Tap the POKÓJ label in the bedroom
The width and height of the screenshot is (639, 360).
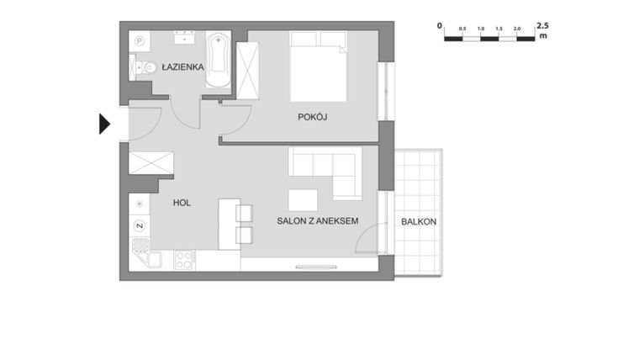coord(312,117)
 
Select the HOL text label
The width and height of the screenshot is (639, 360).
coord(182,203)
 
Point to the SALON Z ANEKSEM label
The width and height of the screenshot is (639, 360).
coord(318,220)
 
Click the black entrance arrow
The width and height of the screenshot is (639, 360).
coord(104,124)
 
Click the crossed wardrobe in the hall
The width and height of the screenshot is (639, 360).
coord(151,162)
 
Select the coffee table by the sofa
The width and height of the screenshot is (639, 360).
coord(303,200)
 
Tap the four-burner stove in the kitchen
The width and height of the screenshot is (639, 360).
coord(184,260)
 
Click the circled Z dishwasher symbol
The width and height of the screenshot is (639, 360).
coord(140,225)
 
